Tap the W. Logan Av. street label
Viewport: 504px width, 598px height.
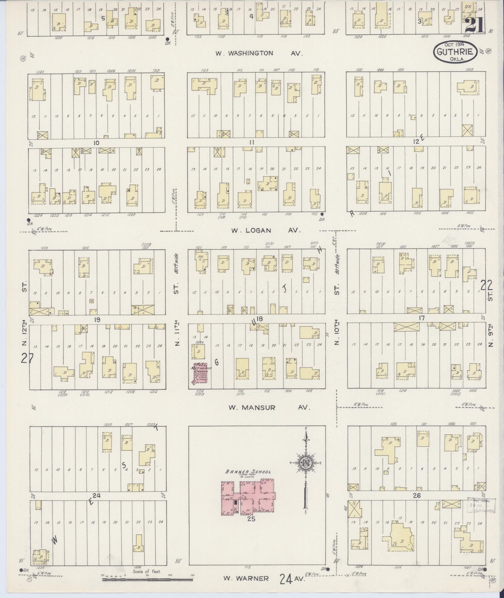tap(266, 230)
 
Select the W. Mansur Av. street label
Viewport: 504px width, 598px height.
tap(269, 408)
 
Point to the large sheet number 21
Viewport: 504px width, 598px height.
tap(475, 25)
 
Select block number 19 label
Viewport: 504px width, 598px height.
tap(97, 319)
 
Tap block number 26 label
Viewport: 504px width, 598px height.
tap(417, 495)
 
